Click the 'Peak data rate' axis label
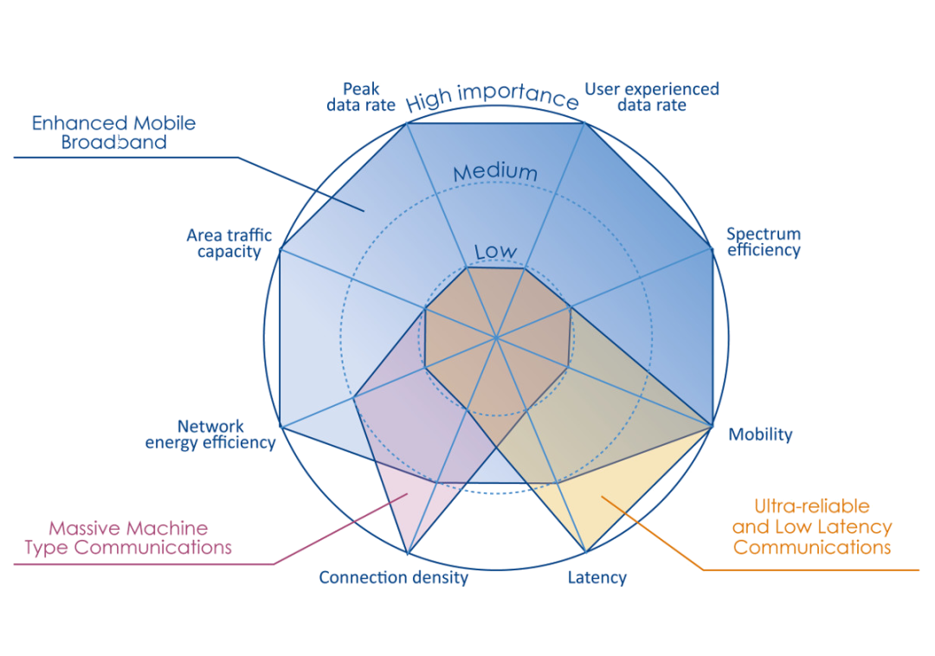[361, 97]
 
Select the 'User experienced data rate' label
[652, 97]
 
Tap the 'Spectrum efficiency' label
[764, 242]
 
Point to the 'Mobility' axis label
[760, 435]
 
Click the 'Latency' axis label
[597, 578]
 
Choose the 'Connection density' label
[393, 578]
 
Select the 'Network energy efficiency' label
[210, 434]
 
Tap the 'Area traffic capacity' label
[229, 243]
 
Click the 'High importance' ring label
[492, 99]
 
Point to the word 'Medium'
[495, 172]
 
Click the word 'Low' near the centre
[495, 252]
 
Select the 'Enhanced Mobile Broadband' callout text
[114, 132]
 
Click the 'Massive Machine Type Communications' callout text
[127, 537]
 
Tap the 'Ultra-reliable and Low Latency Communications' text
[811, 526]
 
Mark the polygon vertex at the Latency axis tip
[586, 552]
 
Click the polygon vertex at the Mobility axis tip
[712, 426]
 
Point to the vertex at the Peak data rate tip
[407, 123]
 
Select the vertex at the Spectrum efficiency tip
[712, 249]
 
